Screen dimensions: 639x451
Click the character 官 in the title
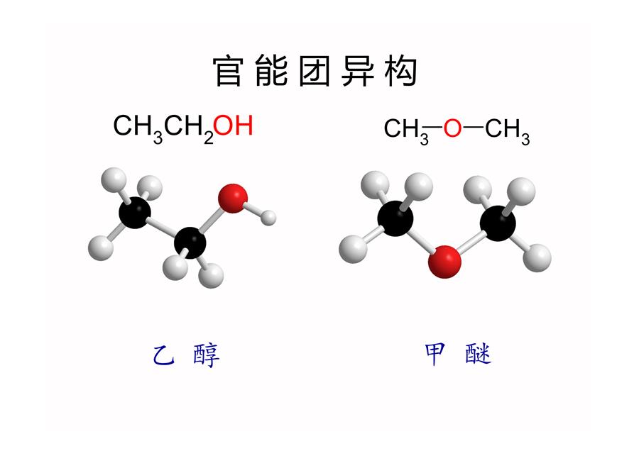[x=228, y=71]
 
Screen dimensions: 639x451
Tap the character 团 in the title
[x=315, y=71]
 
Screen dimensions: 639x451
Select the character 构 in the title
[x=400, y=71]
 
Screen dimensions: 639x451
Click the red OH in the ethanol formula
[x=233, y=126]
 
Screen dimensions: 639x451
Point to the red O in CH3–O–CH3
[x=452, y=128]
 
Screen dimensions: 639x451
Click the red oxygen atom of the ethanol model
[x=233, y=199]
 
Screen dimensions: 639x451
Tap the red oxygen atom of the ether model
[x=445, y=262]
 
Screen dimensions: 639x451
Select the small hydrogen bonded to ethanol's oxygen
[x=268, y=218]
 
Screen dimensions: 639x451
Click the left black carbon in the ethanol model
[x=135, y=213]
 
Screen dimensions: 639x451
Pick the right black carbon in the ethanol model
[x=190, y=243]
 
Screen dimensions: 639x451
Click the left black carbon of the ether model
[x=395, y=218]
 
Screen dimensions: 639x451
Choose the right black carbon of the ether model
[x=498, y=223]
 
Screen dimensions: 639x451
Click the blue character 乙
[x=164, y=355]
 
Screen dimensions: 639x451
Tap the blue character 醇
[x=207, y=355]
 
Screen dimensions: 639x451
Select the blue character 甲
[x=435, y=354]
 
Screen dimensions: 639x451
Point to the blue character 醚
[x=479, y=354]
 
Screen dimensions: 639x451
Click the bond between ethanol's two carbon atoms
[x=162, y=228]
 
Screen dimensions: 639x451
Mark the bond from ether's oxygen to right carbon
[x=471, y=242]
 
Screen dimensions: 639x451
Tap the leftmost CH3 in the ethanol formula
[x=138, y=128]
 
